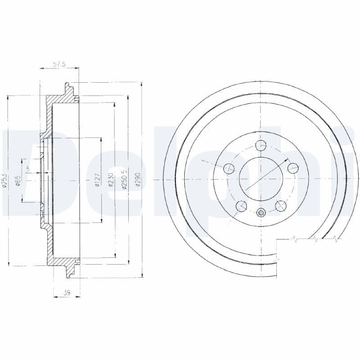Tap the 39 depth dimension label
67,292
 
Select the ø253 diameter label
5,181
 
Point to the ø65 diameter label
18,181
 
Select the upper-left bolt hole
229,168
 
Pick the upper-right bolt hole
293,168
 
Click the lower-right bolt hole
281,206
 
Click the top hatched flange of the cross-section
61,96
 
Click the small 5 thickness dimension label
27,169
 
